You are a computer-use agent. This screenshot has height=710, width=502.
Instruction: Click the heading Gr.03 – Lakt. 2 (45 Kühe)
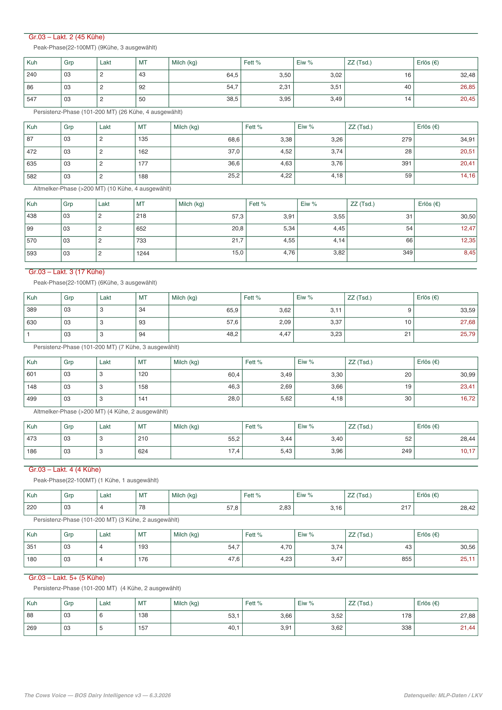[x=66, y=37]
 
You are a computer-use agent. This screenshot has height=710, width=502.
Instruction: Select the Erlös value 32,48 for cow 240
[x=467, y=75]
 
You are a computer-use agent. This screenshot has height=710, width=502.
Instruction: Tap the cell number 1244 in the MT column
[x=143, y=254]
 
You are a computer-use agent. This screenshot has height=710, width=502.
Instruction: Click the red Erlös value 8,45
[x=469, y=253]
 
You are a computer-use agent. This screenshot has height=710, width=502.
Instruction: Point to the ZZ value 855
[x=407, y=559]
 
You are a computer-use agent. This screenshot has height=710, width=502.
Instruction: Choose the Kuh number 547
[x=32, y=99]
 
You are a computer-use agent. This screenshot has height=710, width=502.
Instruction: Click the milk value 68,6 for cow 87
[x=234, y=139]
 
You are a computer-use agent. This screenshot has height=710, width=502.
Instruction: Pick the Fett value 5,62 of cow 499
[x=286, y=399]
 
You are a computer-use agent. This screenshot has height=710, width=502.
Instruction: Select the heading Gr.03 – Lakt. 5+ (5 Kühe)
[x=66, y=578]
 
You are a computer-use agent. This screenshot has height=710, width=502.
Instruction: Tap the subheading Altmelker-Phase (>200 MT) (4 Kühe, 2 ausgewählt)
[x=101, y=412]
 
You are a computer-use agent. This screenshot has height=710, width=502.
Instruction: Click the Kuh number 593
[x=32, y=254]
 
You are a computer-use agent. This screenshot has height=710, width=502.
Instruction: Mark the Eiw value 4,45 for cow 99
[x=339, y=229]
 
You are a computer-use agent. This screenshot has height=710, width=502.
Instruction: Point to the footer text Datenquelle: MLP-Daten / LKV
[x=443, y=696]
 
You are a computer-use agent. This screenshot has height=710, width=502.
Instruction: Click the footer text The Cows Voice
[x=45, y=696]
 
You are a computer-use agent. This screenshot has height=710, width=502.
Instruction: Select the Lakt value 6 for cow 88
[x=101, y=615]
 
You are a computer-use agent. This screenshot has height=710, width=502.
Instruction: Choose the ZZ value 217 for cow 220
[x=406, y=508]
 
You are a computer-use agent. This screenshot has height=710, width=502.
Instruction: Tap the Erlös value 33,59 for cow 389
[x=467, y=310]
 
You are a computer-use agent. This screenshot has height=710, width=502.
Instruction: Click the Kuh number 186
[x=32, y=452]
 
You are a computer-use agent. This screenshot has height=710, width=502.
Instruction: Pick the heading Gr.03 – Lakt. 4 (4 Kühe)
[x=65, y=470]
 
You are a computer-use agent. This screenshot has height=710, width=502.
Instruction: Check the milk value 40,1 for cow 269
[x=234, y=628]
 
